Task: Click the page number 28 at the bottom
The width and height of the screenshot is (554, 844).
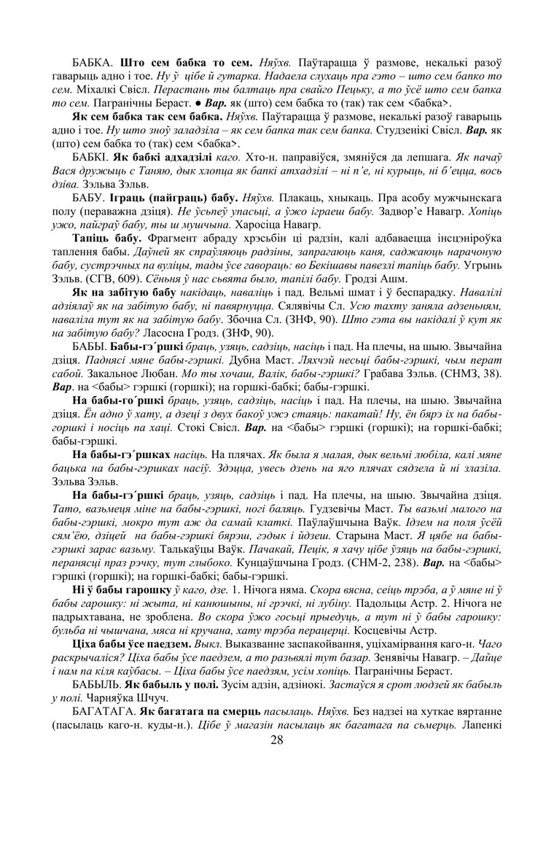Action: (x=276, y=740)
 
